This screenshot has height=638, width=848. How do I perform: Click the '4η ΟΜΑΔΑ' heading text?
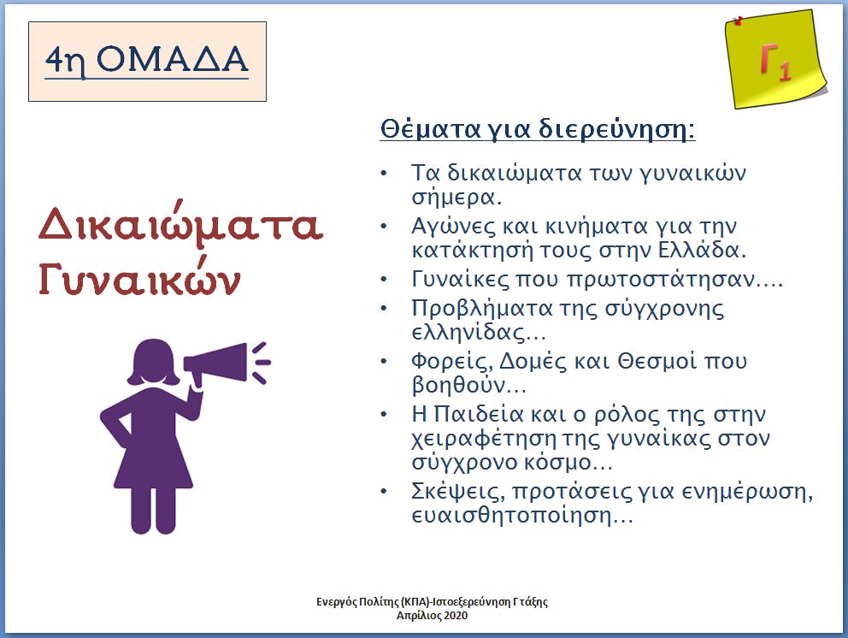146,60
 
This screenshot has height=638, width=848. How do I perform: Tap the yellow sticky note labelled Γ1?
775,58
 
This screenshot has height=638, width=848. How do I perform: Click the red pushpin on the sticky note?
739,21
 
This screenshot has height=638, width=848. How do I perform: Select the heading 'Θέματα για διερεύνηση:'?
538,129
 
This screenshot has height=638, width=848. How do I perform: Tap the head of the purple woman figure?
153,363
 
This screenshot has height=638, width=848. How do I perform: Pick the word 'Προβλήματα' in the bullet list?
480,309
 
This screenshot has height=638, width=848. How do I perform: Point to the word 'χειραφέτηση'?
483,439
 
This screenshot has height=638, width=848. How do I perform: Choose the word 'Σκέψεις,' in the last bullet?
458,492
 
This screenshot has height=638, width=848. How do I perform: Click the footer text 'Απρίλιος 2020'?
432,616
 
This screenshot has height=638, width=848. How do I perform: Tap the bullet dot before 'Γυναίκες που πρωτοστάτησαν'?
384,280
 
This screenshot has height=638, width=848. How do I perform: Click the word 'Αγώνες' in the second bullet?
453,226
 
